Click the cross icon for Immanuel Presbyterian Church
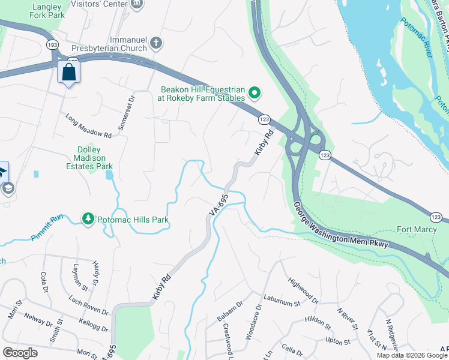click(x=155, y=43)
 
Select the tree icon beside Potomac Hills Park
click(x=88, y=220)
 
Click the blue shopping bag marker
click(x=69, y=73)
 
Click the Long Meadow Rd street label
click(x=89, y=127)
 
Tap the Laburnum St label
click(x=280, y=304)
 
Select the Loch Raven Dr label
click(x=88, y=305)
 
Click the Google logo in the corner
click(x=20, y=353)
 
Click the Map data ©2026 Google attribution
click(x=411, y=355)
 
